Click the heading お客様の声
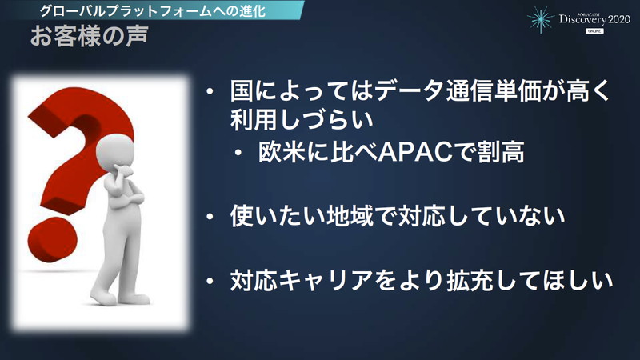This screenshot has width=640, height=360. click(x=87, y=38)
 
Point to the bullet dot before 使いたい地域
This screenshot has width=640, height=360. click(x=209, y=217)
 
